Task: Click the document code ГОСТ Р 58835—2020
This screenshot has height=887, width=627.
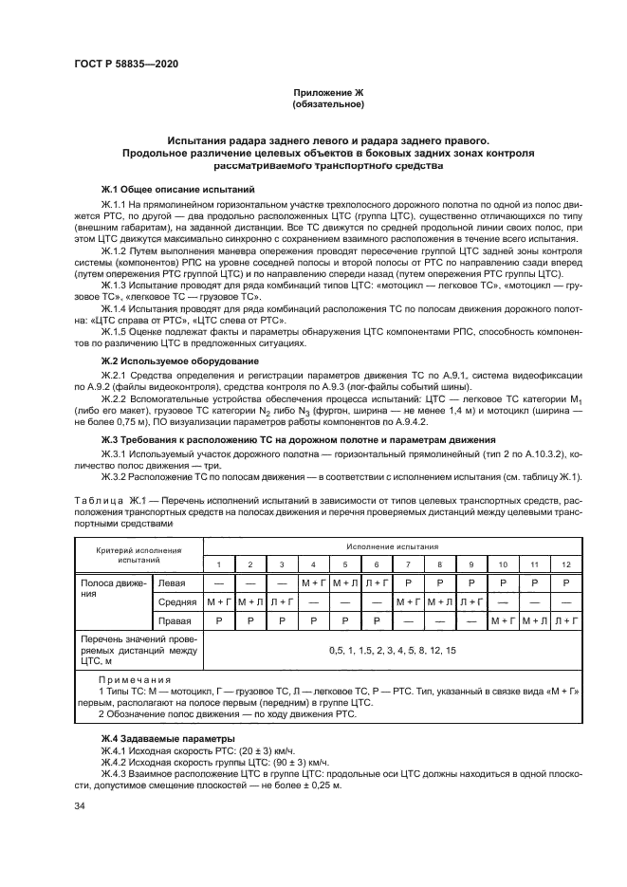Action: tap(125, 64)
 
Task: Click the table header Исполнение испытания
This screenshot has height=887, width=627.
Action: tap(392, 547)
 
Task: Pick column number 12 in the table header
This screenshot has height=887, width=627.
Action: tap(567, 564)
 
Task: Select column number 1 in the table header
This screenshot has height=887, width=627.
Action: tap(219, 564)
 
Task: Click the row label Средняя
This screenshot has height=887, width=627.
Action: tap(178, 602)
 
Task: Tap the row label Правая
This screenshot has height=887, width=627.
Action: tap(178, 621)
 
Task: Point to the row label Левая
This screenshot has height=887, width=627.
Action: tap(173, 582)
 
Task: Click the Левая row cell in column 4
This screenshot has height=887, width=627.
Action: tap(313, 582)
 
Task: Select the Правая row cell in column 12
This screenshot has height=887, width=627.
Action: tap(567, 621)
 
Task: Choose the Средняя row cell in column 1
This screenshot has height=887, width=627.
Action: tap(219, 602)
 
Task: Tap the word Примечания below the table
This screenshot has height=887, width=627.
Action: tap(135, 680)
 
